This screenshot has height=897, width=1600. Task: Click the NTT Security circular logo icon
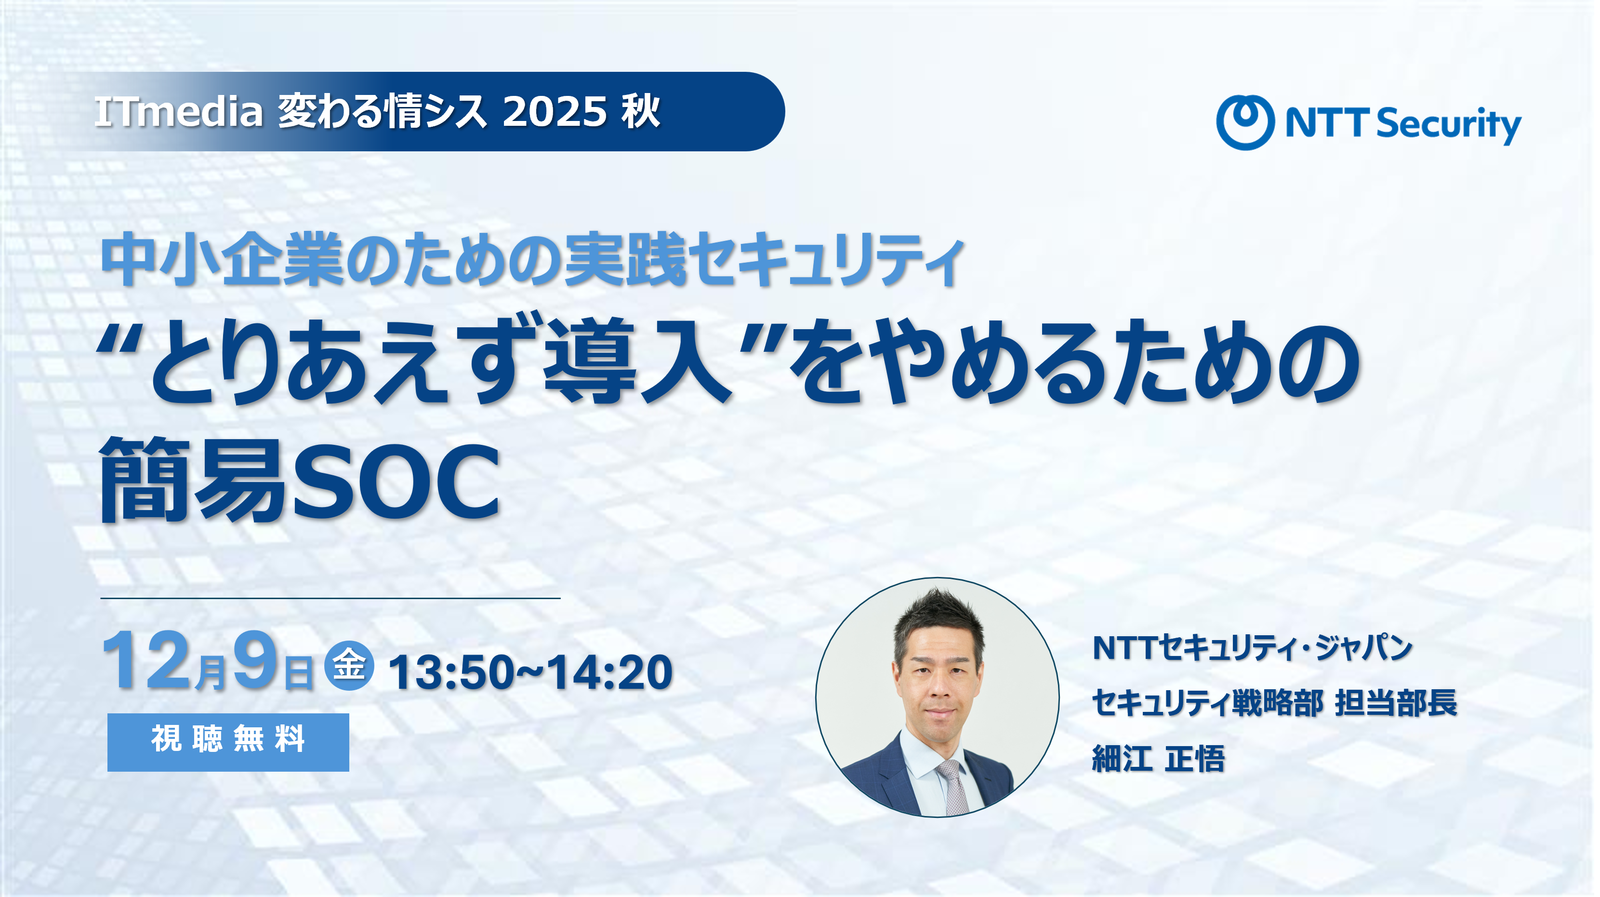(1245, 122)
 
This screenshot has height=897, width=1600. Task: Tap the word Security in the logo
(1448, 124)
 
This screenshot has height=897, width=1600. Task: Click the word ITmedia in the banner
(178, 112)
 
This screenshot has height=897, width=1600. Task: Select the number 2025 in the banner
(554, 112)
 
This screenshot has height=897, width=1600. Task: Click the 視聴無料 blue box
(228, 742)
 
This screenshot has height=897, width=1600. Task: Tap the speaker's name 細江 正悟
(1158, 759)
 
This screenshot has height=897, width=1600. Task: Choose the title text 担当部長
(1395, 703)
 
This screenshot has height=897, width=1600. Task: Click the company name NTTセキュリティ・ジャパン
(1252, 648)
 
